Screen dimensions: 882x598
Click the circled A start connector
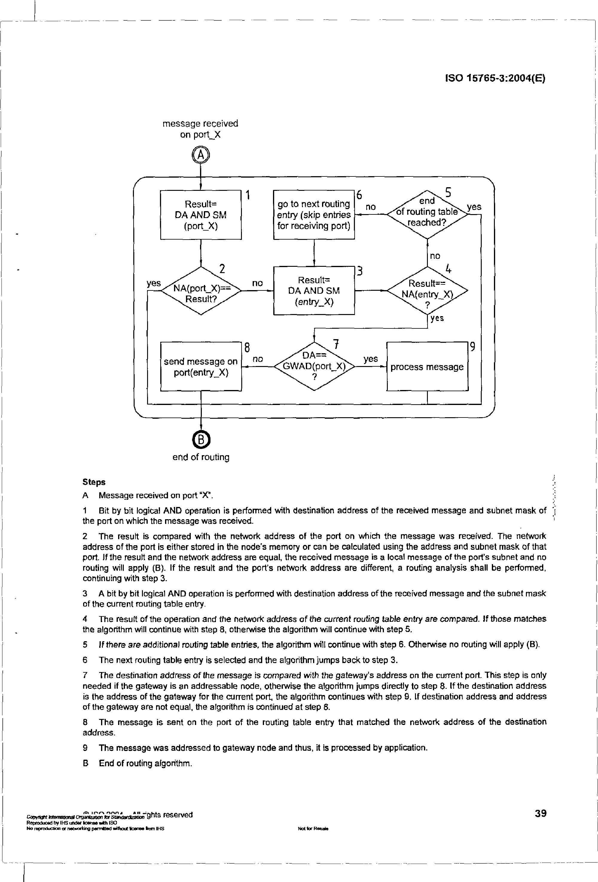click(201, 155)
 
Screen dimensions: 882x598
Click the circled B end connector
click(201, 440)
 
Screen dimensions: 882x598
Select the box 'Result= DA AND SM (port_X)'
click(201, 215)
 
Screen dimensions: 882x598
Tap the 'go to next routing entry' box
click(314, 215)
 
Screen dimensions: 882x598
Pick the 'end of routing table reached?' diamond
click(427, 214)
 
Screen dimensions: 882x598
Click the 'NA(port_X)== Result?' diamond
click(201, 291)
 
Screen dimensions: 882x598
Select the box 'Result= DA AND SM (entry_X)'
click(314, 291)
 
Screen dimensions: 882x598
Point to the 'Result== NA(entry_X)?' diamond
click(427, 291)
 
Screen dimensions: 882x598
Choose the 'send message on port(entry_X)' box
click(201, 367)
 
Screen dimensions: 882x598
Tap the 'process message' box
click(427, 367)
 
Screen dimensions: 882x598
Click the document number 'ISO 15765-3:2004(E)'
click(495, 78)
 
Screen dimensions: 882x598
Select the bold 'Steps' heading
click(94, 482)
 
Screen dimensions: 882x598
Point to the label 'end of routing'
click(201, 457)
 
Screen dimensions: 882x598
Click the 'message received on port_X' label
click(200, 129)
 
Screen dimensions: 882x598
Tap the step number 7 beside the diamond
click(335, 344)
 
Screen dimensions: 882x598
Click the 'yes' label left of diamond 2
click(154, 283)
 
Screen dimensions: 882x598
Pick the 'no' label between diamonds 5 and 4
click(435, 256)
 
